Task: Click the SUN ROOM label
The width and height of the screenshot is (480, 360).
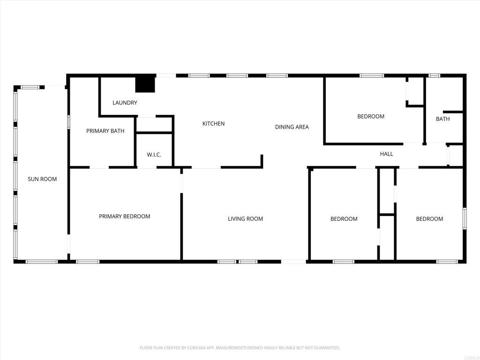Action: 42,179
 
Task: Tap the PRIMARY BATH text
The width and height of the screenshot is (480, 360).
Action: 105,131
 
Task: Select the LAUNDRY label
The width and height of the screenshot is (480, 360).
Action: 125,103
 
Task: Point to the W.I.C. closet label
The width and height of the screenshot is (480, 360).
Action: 154,155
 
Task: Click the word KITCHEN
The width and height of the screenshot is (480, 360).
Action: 213,124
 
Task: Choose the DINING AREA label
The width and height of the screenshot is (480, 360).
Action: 292,127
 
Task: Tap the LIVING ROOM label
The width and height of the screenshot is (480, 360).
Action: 245,219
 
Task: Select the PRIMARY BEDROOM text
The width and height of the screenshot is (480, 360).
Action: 124,217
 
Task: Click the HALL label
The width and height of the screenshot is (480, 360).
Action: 386,154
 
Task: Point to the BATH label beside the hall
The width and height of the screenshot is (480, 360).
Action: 442,119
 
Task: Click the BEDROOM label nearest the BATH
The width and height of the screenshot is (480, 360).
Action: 371,117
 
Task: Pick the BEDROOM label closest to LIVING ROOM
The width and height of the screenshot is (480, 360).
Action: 344,219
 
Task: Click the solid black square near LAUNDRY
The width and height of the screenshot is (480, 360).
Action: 145,84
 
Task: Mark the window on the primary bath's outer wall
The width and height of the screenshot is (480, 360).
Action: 69,122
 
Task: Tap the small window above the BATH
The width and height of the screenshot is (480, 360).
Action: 435,75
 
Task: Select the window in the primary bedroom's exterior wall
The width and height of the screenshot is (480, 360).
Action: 88,262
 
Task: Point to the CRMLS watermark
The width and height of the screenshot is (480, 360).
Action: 470,357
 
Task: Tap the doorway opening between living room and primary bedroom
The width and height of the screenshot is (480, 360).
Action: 181,183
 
